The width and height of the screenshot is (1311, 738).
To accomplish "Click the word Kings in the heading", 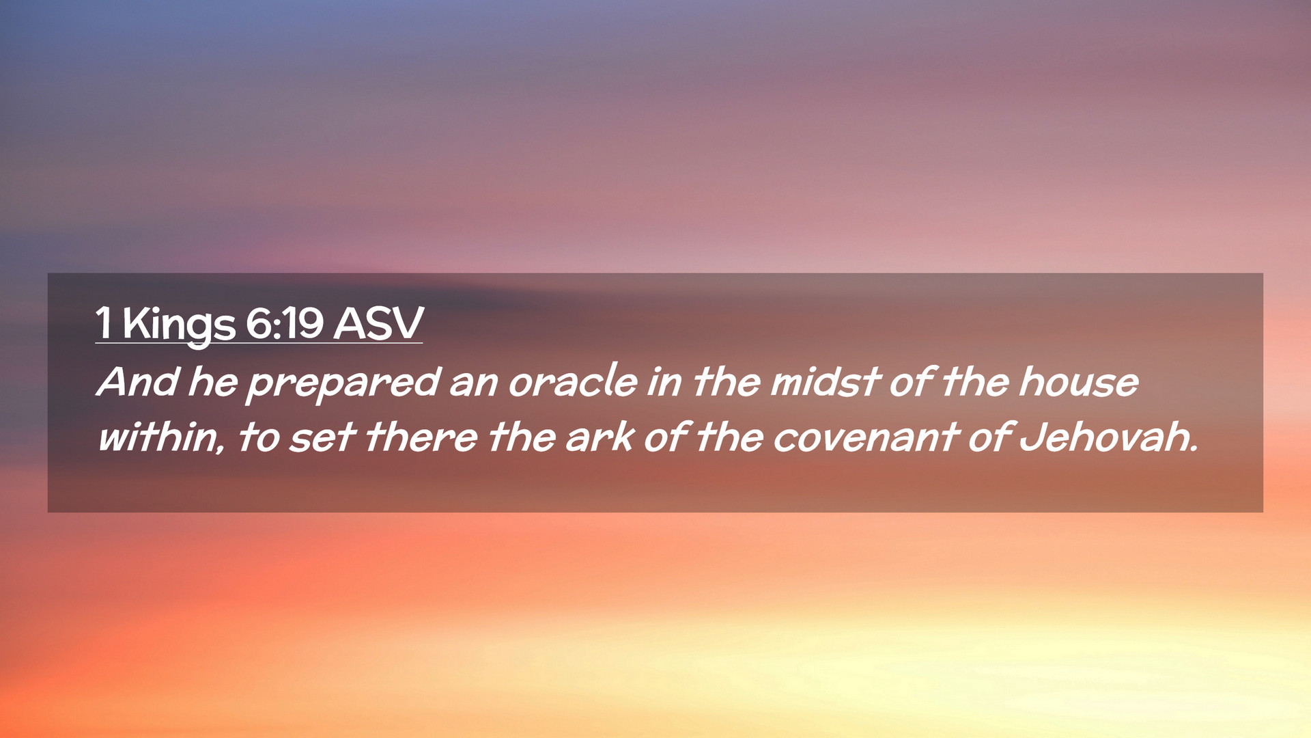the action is click(x=179, y=325).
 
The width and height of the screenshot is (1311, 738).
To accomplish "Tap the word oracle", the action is click(x=572, y=381).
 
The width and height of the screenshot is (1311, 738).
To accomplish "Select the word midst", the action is click(x=825, y=381).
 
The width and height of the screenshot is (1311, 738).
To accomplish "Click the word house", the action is click(x=1078, y=381).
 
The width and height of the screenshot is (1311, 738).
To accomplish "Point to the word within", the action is click(x=158, y=437).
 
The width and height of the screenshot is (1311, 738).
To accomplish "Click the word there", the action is click(x=421, y=437).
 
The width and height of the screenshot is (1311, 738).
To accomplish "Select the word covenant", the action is click(x=866, y=439).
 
